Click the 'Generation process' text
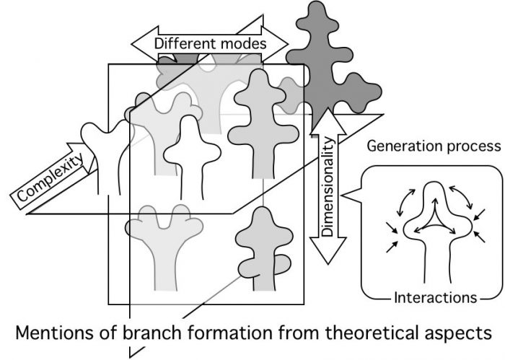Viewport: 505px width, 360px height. (x=434, y=146)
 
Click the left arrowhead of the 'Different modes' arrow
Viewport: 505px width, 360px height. (x=141, y=44)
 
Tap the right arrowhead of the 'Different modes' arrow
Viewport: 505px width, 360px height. (x=282, y=44)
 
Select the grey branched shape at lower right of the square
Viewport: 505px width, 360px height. (x=261, y=249)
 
